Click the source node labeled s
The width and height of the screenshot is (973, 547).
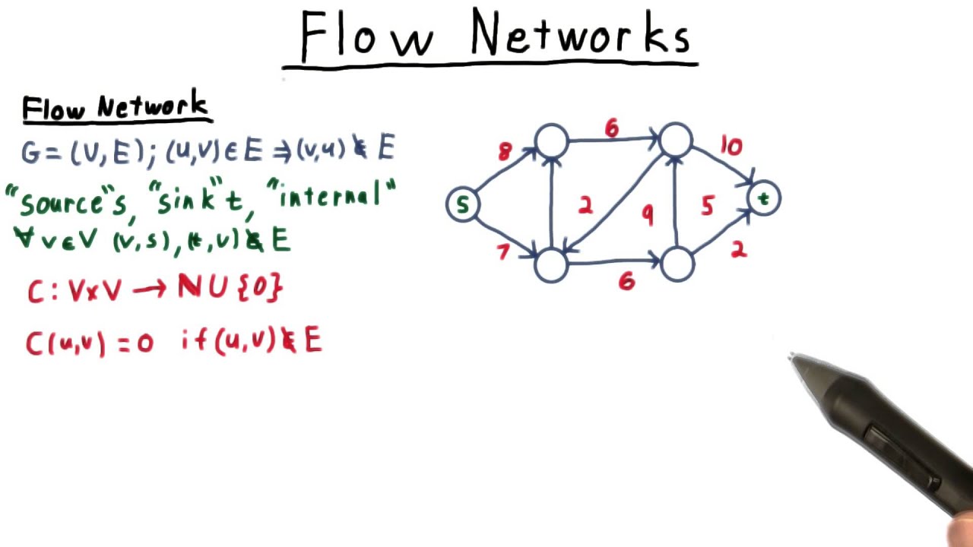[x=462, y=205]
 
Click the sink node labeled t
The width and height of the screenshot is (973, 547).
[x=764, y=199]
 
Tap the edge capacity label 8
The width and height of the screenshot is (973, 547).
[x=506, y=152]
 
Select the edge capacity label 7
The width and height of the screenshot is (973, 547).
[x=502, y=251]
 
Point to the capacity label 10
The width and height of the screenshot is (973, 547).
[x=731, y=147]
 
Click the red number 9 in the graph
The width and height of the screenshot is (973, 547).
[x=647, y=216]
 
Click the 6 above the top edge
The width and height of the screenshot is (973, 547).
[x=612, y=129]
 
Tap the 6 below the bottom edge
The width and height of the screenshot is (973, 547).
[x=626, y=282]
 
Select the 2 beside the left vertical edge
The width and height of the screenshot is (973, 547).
[x=585, y=206]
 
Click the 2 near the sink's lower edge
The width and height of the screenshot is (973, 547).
[x=738, y=251]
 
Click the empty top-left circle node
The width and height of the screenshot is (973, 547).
[x=551, y=141]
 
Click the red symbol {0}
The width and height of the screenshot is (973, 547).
[x=261, y=289]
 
